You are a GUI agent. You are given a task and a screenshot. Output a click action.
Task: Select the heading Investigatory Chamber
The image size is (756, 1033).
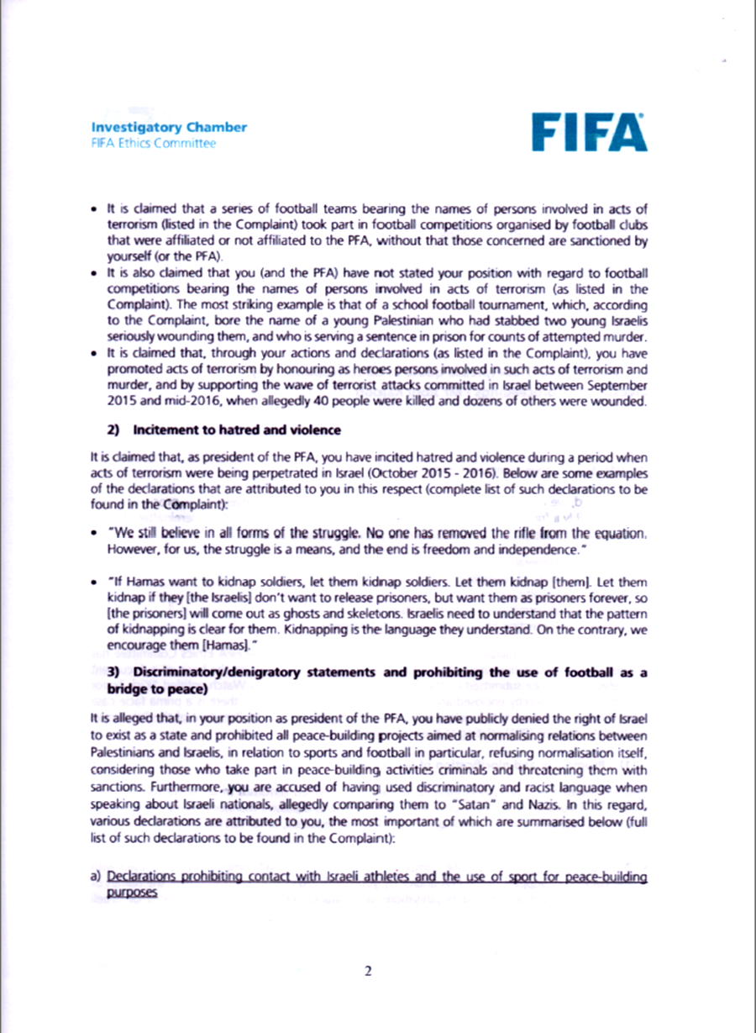point(169,128)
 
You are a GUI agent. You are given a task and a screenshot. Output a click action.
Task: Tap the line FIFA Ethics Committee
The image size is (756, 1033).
point(153,143)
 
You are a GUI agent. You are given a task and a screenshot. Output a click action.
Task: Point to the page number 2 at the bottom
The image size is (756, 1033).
point(368,972)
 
